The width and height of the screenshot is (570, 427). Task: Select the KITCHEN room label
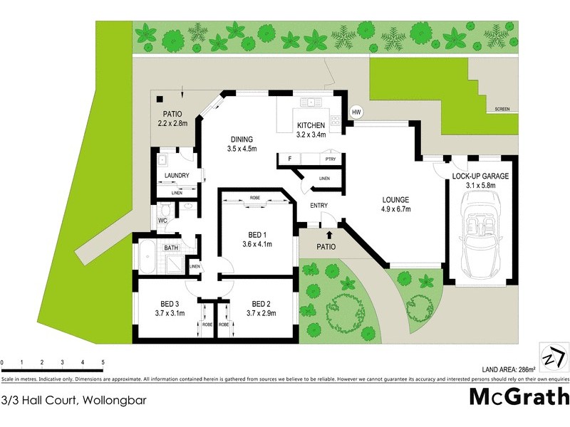tap(311, 126)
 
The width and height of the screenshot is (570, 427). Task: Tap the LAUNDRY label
tap(176, 176)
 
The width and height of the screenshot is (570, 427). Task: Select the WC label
tap(162, 221)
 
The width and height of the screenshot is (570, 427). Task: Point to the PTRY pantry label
tap(330, 159)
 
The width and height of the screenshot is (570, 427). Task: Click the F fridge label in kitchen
tap(290, 159)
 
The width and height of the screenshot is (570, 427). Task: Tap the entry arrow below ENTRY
tap(329, 233)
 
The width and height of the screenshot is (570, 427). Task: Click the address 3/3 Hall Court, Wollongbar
tap(74, 400)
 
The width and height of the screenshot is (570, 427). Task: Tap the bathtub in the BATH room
tap(148, 257)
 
